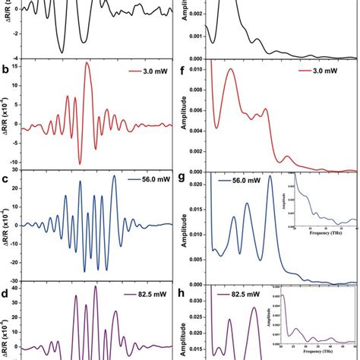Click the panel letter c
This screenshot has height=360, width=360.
pos(6,180)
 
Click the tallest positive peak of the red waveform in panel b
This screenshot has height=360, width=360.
pos(87,64)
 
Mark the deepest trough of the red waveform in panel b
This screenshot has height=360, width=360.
pos(80,163)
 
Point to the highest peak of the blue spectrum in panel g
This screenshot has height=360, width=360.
pos(269,197)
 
